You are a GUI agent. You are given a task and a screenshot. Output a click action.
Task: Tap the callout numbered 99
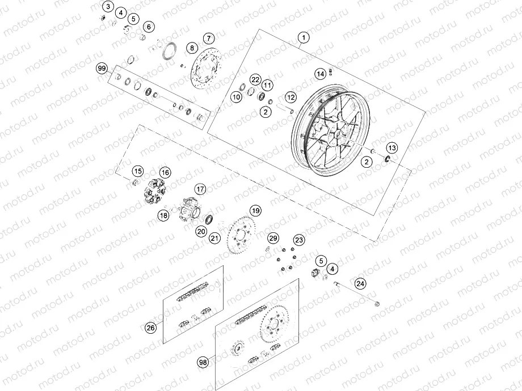102,69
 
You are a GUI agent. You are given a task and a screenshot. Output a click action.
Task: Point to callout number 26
150,328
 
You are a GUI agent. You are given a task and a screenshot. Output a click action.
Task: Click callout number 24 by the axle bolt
360,283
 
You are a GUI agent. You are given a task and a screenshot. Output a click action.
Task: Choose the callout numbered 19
256,210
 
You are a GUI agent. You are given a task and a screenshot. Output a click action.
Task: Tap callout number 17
199,189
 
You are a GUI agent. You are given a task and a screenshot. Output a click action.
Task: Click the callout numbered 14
320,74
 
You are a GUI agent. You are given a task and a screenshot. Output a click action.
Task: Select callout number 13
393,147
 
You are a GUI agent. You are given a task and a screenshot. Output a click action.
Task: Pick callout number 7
209,39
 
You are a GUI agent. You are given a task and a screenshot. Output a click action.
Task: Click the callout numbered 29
273,238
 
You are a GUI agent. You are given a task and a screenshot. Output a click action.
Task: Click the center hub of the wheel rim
335,134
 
